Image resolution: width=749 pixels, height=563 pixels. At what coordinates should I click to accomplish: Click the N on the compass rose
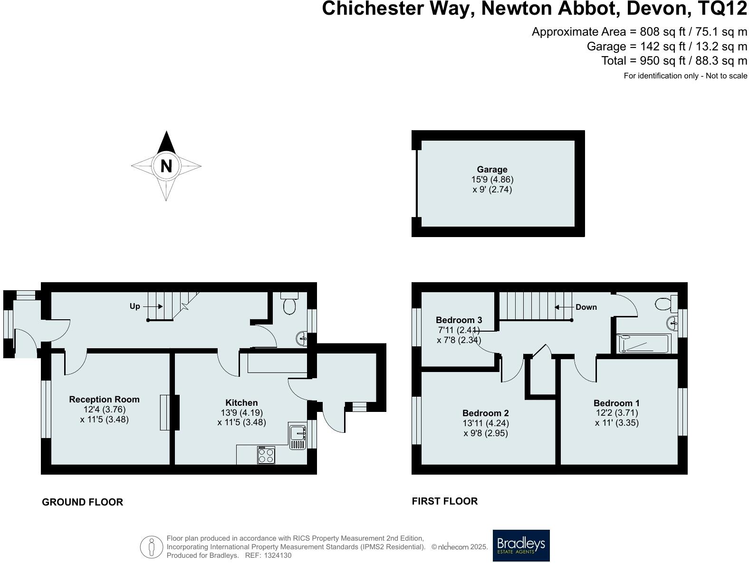point(166,166)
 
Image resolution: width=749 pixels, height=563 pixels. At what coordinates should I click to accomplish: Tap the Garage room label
point(492,169)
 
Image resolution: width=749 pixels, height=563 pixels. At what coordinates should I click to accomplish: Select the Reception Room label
point(105,399)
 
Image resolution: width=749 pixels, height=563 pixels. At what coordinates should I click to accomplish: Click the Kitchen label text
point(241,402)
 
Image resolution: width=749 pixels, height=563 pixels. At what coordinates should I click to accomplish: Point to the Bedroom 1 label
point(616,403)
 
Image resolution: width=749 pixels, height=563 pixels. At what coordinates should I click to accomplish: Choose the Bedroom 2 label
point(486,413)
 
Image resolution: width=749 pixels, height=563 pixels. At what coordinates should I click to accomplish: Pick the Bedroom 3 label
point(459,320)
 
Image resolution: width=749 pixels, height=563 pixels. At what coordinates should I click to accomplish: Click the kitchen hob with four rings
point(266,455)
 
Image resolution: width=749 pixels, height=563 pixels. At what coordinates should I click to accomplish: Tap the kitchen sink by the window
point(298,436)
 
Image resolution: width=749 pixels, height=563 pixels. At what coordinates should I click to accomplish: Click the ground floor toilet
point(290,304)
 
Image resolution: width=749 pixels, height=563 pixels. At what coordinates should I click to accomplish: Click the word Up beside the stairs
point(135,306)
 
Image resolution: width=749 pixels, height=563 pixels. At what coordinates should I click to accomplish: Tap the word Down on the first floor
point(586,307)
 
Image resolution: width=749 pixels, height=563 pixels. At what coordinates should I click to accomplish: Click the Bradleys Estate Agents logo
point(521,545)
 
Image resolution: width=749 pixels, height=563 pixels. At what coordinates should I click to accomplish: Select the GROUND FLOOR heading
point(82,502)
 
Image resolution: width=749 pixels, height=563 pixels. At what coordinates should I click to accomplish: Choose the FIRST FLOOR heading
point(445,501)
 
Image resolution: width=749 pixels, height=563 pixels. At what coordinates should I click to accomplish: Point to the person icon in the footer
point(152,547)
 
